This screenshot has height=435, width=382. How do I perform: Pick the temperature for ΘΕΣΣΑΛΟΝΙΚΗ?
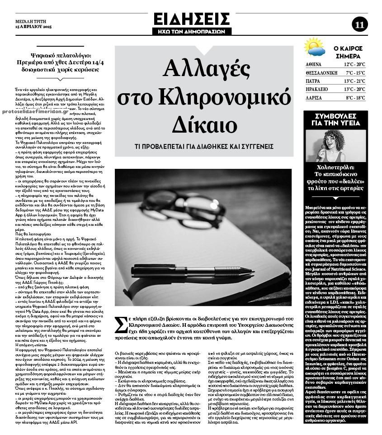click(x=355, y=73)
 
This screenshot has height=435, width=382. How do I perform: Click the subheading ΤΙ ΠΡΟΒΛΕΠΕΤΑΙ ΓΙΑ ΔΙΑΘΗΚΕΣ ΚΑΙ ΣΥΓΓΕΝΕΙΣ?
click(x=204, y=147)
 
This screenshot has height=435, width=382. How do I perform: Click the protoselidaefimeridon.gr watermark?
click(x=35, y=111)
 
